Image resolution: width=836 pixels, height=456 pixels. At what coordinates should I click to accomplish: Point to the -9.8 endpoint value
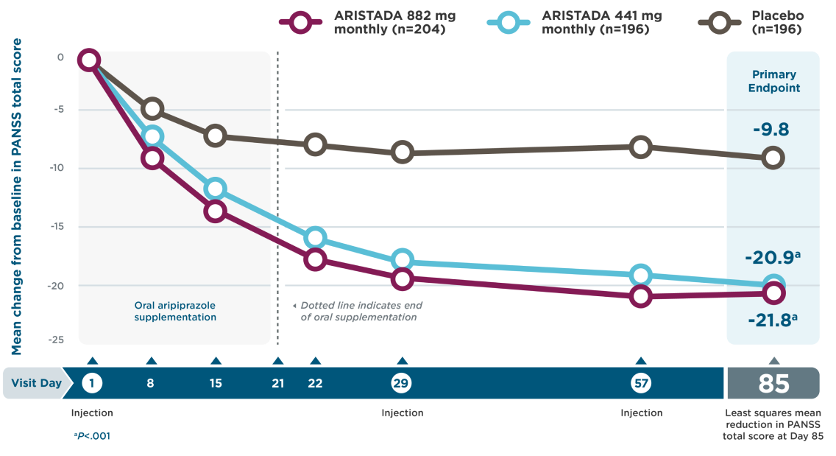[771, 130]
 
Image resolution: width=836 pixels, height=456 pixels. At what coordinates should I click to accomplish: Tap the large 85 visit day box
[773, 384]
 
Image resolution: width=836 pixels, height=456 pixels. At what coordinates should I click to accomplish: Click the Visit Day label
[37, 383]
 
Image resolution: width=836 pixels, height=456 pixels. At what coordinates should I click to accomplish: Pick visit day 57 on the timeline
[640, 383]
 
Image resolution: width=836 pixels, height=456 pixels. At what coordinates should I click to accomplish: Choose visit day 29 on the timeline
[401, 383]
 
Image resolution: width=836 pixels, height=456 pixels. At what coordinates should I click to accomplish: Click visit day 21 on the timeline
[277, 383]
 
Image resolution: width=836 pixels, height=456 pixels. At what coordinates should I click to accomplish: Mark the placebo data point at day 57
[640, 147]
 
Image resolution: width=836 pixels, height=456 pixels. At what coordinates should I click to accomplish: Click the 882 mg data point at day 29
[402, 278]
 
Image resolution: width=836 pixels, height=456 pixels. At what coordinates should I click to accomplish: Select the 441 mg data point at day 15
[215, 188]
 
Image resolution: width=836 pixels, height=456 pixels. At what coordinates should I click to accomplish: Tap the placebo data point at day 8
[152, 109]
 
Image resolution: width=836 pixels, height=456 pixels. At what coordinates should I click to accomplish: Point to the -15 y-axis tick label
[56, 227]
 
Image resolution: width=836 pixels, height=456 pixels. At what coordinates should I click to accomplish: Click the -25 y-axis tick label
[56, 340]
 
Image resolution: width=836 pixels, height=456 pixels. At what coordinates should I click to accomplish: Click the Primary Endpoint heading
[773, 81]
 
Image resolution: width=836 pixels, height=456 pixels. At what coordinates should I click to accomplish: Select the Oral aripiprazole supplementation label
[175, 311]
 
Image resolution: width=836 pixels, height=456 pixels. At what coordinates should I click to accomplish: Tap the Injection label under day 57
[641, 413]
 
